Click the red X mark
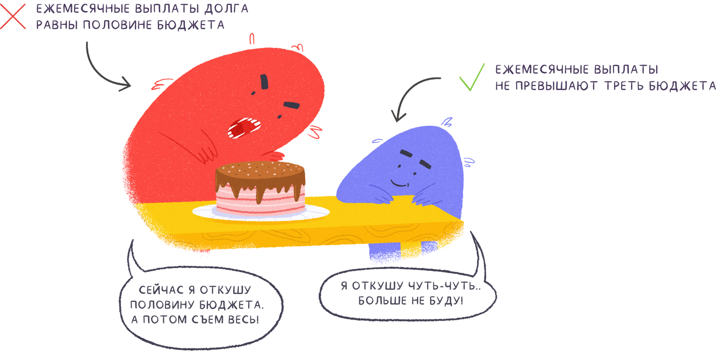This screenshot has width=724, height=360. pos(13,16)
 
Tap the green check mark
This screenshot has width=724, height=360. pos(472,78)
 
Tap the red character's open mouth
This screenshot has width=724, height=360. pos(243,127)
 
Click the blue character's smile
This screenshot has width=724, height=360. pos(399,184)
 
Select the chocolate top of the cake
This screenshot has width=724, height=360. pos(260,171)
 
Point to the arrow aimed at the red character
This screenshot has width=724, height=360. pos(103,69)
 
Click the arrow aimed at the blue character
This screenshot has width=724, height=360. pos(409,95)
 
